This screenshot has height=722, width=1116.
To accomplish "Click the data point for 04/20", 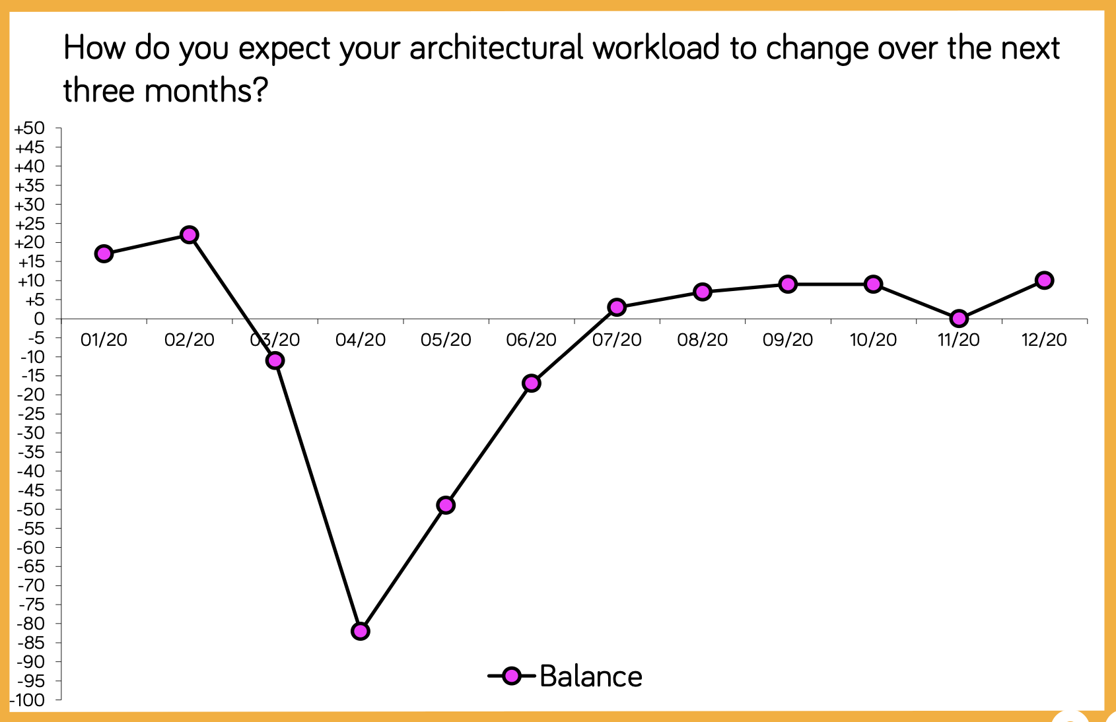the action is [x=360, y=632].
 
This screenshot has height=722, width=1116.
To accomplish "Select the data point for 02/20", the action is [x=190, y=234].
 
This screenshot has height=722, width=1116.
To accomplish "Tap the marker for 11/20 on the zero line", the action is [x=959, y=318].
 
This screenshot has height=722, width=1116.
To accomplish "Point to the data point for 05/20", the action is [x=446, y=506].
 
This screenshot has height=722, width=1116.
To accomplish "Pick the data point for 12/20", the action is [x=1044, y=280].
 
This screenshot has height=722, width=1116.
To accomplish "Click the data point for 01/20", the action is [x=104, y=254].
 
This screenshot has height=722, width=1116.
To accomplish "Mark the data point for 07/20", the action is [x=617, y=308].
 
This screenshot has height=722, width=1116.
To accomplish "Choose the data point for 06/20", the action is [x=532, y=383].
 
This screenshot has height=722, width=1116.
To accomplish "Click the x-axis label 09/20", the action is [x=788, y=340].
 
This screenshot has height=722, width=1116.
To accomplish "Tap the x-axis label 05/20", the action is [x=446, y=340].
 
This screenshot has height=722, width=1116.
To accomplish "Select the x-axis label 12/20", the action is [x=1044, y=340].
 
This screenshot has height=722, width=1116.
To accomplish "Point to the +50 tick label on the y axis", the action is [x=30, y=129].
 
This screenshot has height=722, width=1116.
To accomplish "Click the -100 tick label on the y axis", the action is [x=27, y=700].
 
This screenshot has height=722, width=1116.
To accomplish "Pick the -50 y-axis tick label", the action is [x=31, y=509].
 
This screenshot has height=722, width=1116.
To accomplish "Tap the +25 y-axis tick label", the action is [x=30, y=224].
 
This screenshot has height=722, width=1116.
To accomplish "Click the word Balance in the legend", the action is [x=591, y=676].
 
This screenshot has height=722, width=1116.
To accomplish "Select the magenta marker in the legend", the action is [x=512, y=676].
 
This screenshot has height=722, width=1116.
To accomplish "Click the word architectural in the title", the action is [x=496, y=48].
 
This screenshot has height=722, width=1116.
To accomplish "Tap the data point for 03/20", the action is [x=275, y=360].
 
